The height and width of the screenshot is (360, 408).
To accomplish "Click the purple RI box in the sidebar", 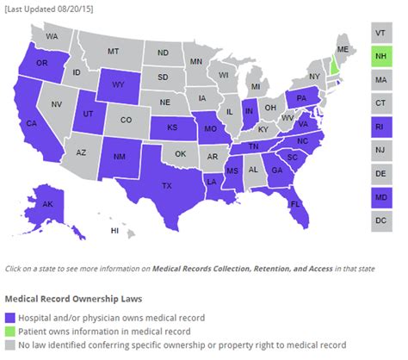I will pyautogui.click(x=380, y=127).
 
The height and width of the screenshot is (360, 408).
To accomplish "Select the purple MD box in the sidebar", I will pyautogui.click(x=380, y=197).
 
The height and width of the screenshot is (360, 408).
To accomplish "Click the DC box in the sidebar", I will pyautogui.click(x=380, y=220).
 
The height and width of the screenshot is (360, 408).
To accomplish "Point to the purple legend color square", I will pyautogui.click(x=9, y=315).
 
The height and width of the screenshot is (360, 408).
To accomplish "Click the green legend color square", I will pyautogui.click(x=9, y=330).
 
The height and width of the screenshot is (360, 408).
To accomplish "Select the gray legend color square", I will pyautogui.click(x=9, y=344).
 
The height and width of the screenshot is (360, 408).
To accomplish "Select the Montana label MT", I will pyautogui.click(x=113, y=52).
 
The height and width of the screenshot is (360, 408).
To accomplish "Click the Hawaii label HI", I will pyautogui.click(x=113, y=231).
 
